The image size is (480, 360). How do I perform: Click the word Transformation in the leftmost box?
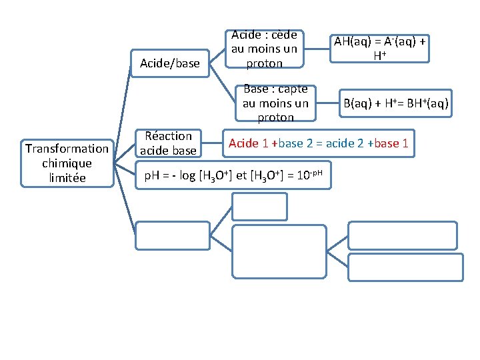66,149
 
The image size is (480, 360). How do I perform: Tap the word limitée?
67,177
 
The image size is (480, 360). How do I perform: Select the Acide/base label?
169,63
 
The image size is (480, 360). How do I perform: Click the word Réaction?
168,136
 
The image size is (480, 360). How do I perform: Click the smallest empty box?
259,206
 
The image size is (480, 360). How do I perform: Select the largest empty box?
279,251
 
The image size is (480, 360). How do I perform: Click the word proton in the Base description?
275,117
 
